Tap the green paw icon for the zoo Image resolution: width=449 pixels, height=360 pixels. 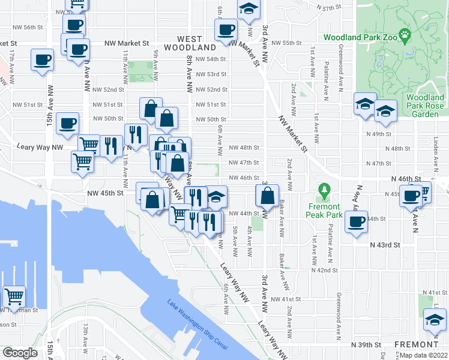pos(406,36)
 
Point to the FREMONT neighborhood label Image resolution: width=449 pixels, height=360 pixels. pos(416,344)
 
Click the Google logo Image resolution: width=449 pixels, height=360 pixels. pos(20,352)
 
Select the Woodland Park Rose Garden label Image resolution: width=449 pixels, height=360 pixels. pos(425,106)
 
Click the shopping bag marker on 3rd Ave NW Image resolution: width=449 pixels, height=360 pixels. pos(267,195)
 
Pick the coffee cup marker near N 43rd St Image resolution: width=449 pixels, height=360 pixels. pos(357,222)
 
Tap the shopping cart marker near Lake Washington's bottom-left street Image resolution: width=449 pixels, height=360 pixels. pos(14,296)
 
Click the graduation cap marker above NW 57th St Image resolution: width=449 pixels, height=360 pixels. pos(248,10)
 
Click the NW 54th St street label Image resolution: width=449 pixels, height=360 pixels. pos(211,59)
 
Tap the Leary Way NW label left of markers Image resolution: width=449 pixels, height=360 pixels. pos(41,146)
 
